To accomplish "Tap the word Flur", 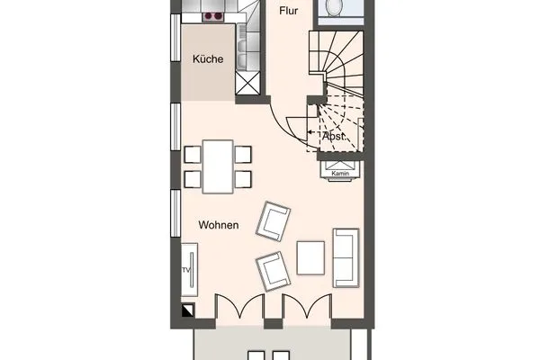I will tap(289, 12).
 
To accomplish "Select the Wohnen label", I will tap(219, 225).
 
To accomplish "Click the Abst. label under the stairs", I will tap(334, 136).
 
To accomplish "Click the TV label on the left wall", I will tap(186, 270).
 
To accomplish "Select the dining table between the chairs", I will tap(218, 166).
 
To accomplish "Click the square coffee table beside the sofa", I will tap(310, 258).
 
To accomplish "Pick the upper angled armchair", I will tap(274, 221).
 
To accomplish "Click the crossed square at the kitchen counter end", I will tap(246, 83).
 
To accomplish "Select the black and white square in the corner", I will tap(187, 310).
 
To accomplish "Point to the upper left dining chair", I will tap(192, 154).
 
